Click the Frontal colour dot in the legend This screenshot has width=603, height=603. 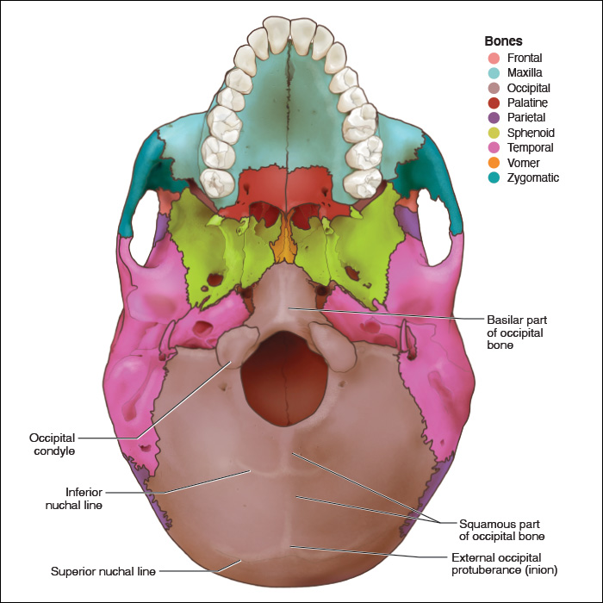click(494, 59)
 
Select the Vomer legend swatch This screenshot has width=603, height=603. click(494, 163)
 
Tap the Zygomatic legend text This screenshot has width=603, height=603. click(533, 178)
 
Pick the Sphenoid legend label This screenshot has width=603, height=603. click(531, 134)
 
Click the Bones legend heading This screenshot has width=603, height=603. click(504, 40)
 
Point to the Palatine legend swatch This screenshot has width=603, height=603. click(494, 103)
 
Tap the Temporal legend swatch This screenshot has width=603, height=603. click(494, 148)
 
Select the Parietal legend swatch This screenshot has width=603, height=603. click(494, 118)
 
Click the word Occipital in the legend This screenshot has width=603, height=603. click(529, 89)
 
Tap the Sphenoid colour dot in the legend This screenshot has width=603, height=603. click(494, 134)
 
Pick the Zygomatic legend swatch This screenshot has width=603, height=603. click(494, 178)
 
